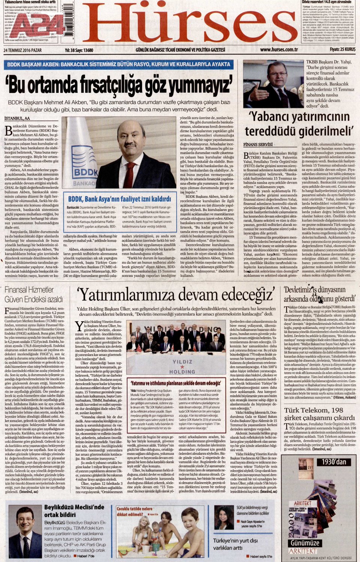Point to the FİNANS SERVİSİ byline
point(258,144)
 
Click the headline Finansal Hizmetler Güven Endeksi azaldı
point(34,294)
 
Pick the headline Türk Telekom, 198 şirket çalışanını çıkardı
point(319,414)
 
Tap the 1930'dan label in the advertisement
point(334,462)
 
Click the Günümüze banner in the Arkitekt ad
point(305,543)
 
